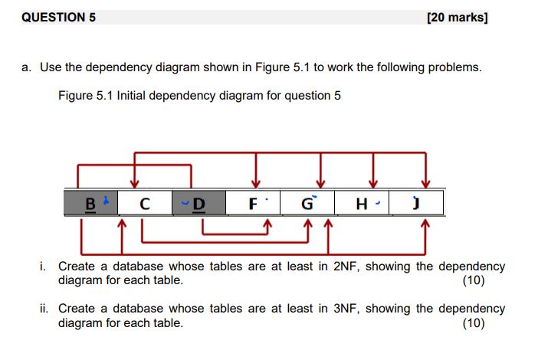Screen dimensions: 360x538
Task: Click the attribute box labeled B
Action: (91, 204)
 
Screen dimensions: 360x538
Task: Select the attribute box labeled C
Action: (144, 204)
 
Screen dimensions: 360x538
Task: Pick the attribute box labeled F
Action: (254, 204)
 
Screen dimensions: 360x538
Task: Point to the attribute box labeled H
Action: (363, 204)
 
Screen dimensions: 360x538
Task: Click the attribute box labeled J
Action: (417, 204)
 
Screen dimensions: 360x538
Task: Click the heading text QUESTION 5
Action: (59, 17)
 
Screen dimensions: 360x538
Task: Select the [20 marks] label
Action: (457, 17)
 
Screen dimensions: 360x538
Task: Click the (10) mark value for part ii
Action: (474, 322)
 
